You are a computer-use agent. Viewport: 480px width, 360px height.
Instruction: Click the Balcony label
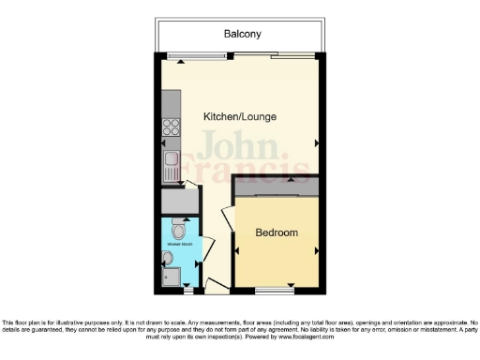[x=242, y=35]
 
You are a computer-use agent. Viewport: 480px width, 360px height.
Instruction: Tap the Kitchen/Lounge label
[x=239, y=116]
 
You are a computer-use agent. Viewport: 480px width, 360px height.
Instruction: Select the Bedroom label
[x=277, y=232]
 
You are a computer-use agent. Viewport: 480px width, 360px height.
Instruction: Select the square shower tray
[x=170, y=277]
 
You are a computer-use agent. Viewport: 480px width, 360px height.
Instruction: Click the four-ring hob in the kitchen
[x=172, y=127]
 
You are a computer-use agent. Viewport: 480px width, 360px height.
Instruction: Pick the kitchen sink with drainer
[x=172, y=167]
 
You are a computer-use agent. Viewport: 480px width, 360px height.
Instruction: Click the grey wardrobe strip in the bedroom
[x=278, y=190]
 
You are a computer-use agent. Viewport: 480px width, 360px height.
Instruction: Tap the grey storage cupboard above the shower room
[x=178, y=201]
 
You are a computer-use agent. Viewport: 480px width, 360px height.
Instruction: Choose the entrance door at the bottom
[x=214, y=284]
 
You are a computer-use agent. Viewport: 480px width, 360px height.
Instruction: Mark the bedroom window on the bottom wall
[x=277, y=287]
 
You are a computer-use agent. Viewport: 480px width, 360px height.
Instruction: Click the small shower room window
[x=187, y=287]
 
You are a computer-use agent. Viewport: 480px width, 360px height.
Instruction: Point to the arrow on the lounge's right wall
[x=316, y=142]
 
